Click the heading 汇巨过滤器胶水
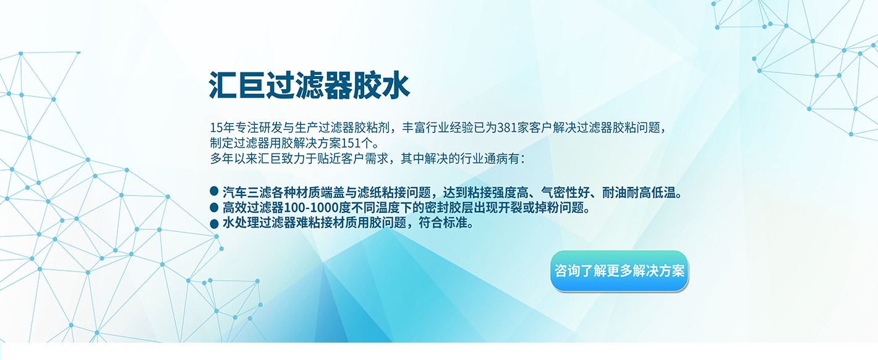309,85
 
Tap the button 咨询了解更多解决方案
619,271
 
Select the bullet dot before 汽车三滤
214,191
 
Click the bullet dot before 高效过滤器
214,207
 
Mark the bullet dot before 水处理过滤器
214,224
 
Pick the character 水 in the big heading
396,85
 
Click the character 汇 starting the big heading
223,85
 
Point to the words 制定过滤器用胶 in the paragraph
252,143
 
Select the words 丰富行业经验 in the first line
437,128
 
